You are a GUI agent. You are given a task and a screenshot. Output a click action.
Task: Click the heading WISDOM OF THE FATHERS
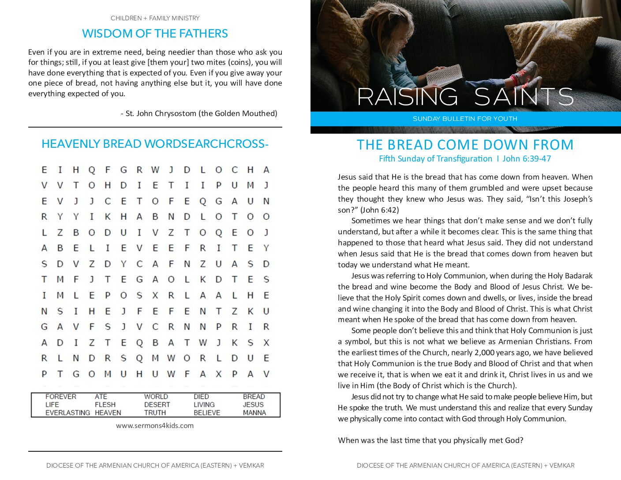point(155,34)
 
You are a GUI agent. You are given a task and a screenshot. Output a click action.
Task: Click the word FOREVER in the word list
point(61,397)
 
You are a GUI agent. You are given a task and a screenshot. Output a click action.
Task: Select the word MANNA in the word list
point(254,413)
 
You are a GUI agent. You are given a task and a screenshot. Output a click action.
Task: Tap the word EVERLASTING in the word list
point(67,413)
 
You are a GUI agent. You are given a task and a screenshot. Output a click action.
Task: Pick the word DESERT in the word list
point(157,405)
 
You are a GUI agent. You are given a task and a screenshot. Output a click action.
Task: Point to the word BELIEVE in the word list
point(207,413)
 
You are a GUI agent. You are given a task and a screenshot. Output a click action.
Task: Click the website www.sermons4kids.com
point(155,426)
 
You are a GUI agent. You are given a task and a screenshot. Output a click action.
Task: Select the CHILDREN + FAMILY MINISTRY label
point(155,18)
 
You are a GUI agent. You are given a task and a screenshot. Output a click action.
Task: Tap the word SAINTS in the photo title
point(524,97)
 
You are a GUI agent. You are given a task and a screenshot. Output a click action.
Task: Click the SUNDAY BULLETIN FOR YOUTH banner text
point(465,119)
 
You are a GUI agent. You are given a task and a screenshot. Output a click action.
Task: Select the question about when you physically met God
point(430,440)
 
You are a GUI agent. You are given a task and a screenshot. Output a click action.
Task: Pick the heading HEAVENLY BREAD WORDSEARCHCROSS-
point(155,144)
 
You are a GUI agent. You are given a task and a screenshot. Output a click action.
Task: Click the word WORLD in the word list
point(156,397)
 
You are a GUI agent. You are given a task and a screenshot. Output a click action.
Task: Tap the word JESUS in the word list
point(253,405)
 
